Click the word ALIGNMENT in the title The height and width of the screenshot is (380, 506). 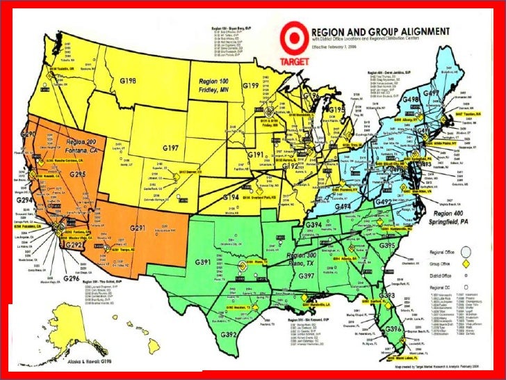point(416,32)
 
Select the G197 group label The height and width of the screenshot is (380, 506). point(170,148)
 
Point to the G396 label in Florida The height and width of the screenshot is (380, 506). point(393,328)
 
